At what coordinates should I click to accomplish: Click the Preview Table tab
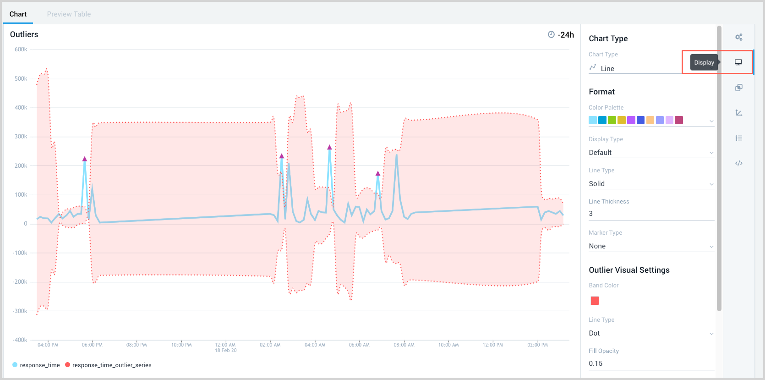(x=69, y=14)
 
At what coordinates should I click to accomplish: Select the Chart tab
(x=18, y=14)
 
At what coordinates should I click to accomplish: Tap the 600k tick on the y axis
(x=21, y=50)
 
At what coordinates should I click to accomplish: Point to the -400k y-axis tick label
(x=20, y=340)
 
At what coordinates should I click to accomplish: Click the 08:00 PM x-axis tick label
(x=137, y=345)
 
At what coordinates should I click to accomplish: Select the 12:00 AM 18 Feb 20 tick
(x=225, y=347)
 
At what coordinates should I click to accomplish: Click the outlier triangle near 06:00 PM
(x=84, y=159)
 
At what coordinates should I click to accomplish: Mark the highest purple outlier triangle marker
(x=329, y=147)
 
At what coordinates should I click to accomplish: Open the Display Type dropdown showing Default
(x=651, y=153)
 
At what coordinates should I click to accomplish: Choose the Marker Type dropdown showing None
(x=651, y=246)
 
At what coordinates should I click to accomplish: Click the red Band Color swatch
(x=595, y=301)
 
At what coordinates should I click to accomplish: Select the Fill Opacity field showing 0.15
(x=651, y=363)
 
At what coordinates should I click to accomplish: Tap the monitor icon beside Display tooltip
(x=738, y=62)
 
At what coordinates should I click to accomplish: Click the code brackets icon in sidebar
(x=738, y=163)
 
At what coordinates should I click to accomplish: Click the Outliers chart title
(x=24, y=34)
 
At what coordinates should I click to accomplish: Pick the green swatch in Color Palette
(x=612, y=120)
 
